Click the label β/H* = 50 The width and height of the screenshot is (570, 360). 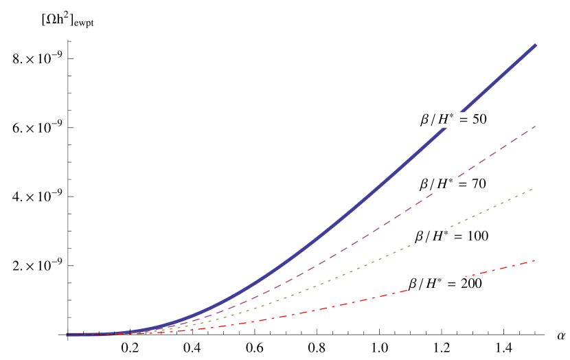(x=453, y=120)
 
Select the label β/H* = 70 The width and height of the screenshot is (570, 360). (x=453, y=184)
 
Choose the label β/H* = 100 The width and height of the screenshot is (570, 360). (x=451, y=236)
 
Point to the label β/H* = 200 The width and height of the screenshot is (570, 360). (x=445, y=284)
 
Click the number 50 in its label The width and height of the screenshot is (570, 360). (x=479, y=120)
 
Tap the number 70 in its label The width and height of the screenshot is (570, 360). (x=479, y=184)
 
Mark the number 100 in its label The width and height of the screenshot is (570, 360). (x=477, y=236)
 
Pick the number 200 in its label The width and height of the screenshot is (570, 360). (x=470, y=284)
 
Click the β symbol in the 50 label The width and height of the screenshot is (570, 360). (x=425, y=120)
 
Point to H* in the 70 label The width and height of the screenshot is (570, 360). (x=446, y=184)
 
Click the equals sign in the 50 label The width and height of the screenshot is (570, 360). (x=464, y=120)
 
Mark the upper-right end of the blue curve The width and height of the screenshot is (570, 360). (x=535, y=45)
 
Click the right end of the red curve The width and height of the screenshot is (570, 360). (x=534, y=260)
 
